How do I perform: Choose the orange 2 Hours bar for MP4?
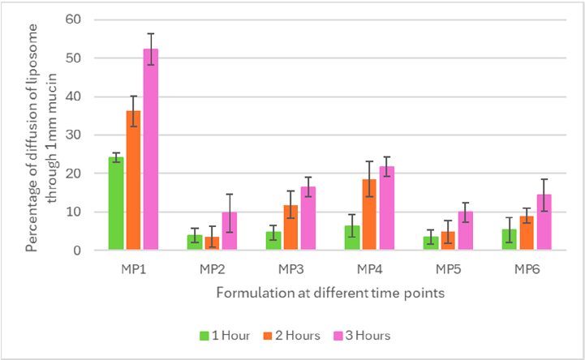point(368,216)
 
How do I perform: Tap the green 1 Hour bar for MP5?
point(429,243)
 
